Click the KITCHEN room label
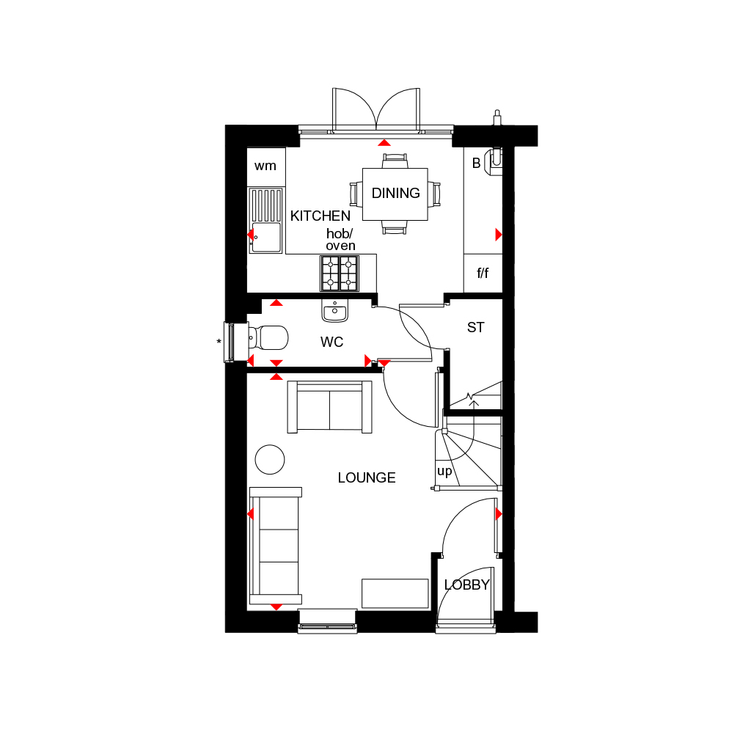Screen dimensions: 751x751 point(320,216)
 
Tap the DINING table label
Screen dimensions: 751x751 point(395,193)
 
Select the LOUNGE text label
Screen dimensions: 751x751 point(367,477)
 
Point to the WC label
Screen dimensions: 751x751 point(331,342)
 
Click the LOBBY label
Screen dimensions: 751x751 point(467,585)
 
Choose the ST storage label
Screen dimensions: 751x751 point(475,328)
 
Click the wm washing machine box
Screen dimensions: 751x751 point(265,166)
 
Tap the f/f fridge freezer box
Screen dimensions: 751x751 point(483,273)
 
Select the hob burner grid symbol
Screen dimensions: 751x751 point(340,274)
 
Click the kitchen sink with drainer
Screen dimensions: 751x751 point(265,220)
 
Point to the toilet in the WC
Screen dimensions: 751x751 point(268,337)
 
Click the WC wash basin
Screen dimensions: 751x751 point(334,310)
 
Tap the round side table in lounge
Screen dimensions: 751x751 point(270,459)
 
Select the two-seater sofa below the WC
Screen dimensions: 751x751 point(329,407)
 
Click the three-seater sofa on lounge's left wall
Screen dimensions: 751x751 point(276,546)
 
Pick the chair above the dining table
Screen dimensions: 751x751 point(395,161)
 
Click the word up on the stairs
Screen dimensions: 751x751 point(444,472)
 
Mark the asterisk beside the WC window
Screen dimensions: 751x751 point(219,342)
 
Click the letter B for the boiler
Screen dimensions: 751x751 point(476,164)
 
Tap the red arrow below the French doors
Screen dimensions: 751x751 point(384,143)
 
